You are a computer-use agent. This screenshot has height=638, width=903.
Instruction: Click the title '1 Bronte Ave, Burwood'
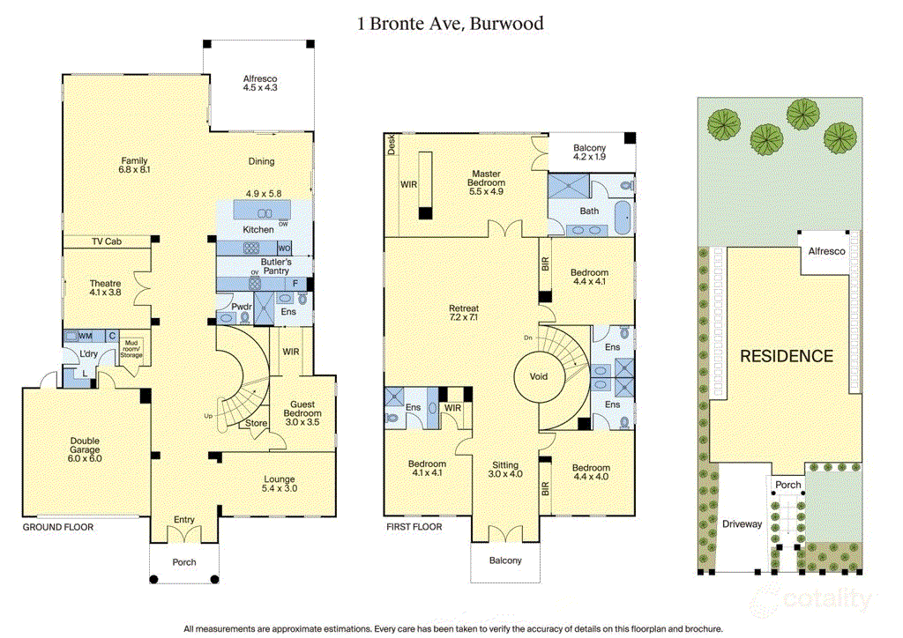click(x=451, y=24)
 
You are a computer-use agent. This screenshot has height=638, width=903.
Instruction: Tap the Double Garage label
click(x=86, y=449)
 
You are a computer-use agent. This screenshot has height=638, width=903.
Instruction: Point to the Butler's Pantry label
click(x=275, y=267)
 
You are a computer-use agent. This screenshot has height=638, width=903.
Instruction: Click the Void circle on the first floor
click(x=538, y=376)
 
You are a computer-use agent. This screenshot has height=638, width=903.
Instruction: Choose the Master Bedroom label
click(x=487, y=182)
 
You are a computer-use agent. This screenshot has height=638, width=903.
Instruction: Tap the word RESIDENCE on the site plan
click(x=786, y=356)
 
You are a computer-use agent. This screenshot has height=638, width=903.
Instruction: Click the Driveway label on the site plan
click(x=742, y=524)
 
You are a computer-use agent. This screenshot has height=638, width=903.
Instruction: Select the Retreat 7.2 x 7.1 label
click(x=463, y=313)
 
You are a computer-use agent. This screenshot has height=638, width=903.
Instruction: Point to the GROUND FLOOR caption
click(x=57, y=527)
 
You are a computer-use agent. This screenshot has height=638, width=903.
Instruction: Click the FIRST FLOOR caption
click(x=414, y=527)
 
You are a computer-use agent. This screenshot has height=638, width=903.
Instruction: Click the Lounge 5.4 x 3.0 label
click(x=280, y=485)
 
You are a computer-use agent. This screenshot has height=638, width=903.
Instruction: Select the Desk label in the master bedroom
click(x=391, y=145)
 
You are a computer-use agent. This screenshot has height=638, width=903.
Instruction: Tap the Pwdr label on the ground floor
click(x=243, y=307)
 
